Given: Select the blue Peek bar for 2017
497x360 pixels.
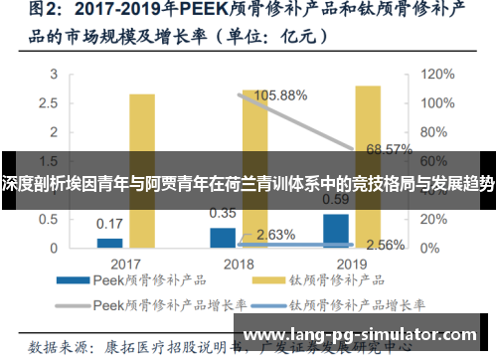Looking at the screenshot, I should click(109, 242).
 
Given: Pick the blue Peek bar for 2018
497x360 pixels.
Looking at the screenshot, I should click(223, 237).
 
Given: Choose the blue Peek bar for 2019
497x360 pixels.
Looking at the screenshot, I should click(336, 230).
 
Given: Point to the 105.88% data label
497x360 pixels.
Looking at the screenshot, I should click(281, 95).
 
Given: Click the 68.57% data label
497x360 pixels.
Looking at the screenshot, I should click(390, 149).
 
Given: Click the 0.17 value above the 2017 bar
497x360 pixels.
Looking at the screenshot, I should click(110, 224).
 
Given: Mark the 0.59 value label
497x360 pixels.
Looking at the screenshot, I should click(336, 199).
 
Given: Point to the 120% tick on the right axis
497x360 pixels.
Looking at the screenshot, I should click(435, 74).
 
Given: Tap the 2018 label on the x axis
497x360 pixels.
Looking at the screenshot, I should click(239, 264).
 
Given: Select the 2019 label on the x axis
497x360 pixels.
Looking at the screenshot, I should click(352, 264).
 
